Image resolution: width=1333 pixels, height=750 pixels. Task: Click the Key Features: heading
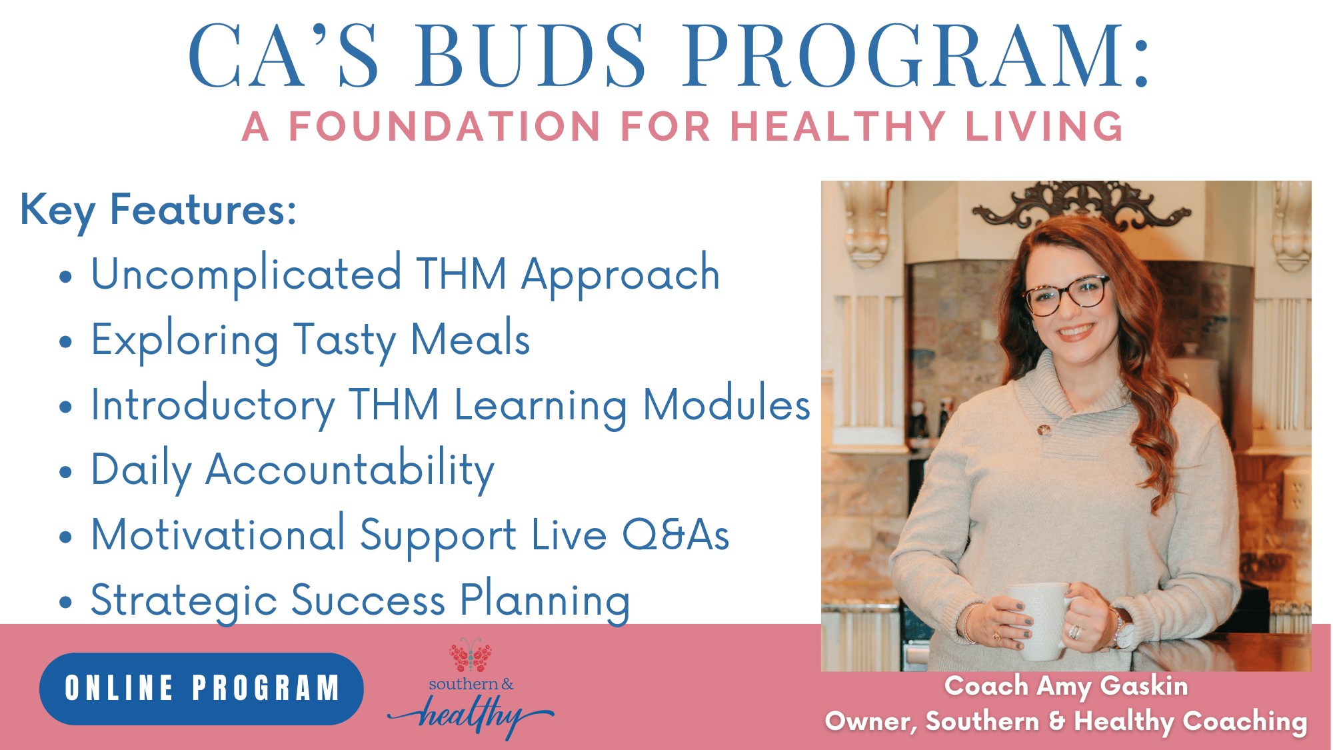pos(158,211)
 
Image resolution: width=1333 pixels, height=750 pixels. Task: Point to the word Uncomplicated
pos(246,274)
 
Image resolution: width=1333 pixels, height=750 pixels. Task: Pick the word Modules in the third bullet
pos(726,404)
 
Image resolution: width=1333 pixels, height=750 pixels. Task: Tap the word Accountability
pos(350,471)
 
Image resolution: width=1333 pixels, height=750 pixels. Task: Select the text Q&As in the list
pos(676,535)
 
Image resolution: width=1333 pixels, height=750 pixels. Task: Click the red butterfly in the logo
pos(471,655)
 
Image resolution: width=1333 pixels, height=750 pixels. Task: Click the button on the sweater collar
pos(1044,429)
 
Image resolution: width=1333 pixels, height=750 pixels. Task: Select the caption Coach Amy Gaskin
pos(1066,686)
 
